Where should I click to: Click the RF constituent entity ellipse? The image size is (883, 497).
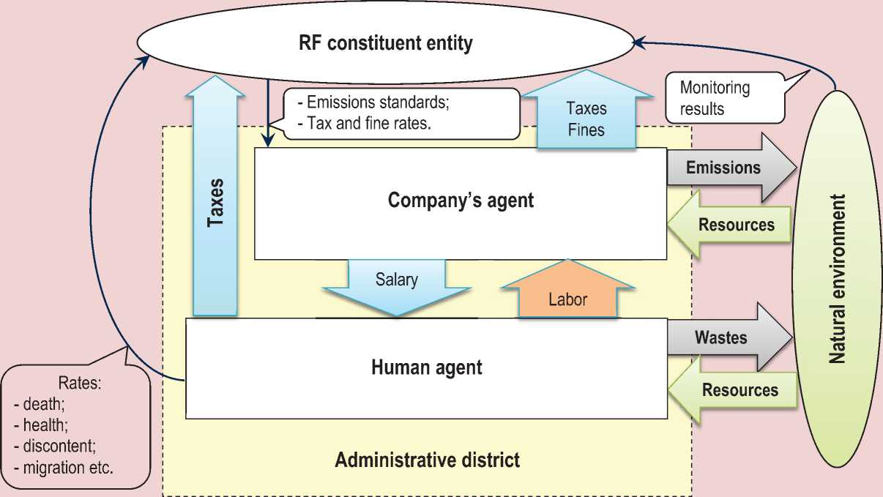click(386, 44)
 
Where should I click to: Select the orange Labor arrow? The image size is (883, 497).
click(568, 293)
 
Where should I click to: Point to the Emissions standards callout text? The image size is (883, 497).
click(377, 102)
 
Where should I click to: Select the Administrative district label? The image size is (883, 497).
click(427, 460)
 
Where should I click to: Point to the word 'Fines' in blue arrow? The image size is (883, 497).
click(586, 130)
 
